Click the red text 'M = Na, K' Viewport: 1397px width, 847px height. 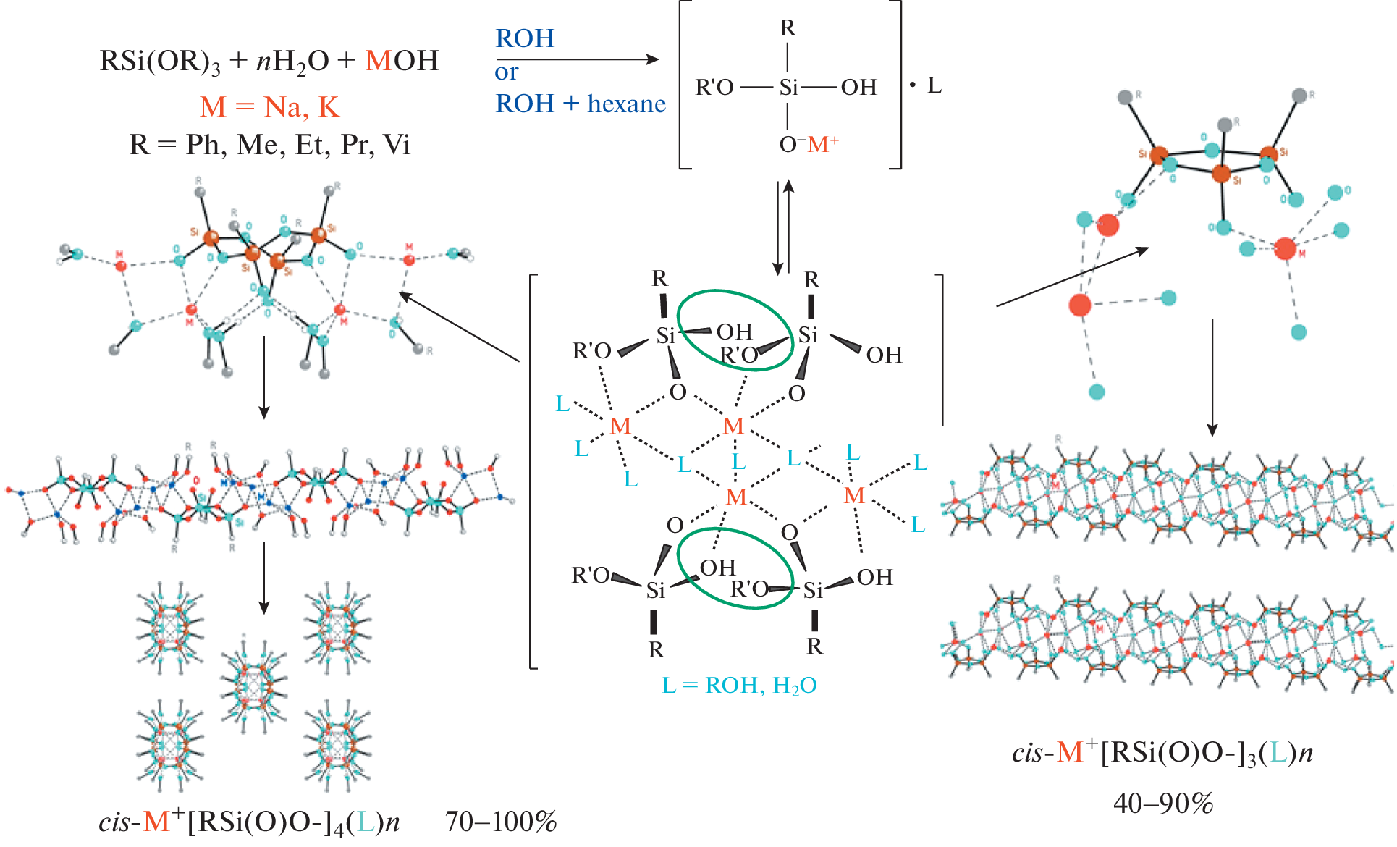click(x=269, y=107)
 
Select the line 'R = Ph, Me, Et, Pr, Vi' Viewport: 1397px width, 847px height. click(x=269, y=145)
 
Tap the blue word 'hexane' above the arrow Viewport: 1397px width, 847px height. click(x=626, y=104)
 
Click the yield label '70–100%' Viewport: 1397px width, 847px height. click(x=501, y=822)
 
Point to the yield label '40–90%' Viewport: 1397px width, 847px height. click(x=1163, y=803)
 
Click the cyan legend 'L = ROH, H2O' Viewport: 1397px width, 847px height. click(x=739, y=685)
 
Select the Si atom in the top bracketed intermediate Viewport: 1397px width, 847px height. click(x=788, y=88)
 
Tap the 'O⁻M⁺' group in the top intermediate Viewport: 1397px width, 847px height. click(x=809, y=144)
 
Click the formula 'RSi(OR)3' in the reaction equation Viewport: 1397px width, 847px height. click(x=160, y=62)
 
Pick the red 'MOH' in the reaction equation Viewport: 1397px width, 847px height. click(x=402, y=61)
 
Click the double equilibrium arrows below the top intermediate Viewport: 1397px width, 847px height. click(x=783, y=227)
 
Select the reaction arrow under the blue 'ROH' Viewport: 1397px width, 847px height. click(x=577, y=59)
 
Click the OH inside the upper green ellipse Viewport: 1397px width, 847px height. click(x=734, y=332)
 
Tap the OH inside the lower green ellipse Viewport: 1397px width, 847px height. click(x=717, y=568)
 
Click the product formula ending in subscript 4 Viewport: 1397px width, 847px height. click(x=249, y=822)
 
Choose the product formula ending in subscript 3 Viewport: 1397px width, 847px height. click(x=1162, y=754)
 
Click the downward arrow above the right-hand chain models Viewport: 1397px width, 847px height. click(x=1212, y=376)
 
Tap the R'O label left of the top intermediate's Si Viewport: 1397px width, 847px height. click(x=714, y=88)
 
